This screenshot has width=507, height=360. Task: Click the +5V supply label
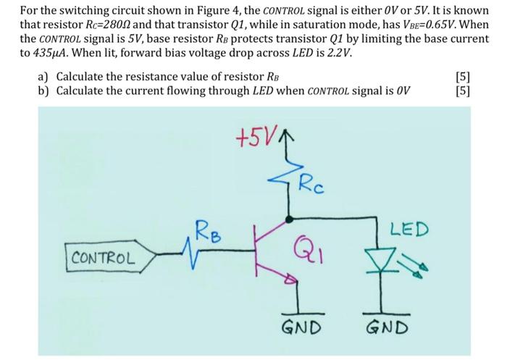(252, 138)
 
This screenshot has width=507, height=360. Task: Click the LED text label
(409, 231)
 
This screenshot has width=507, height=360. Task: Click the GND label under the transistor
(300, 328)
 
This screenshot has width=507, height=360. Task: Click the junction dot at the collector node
(290, 217)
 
